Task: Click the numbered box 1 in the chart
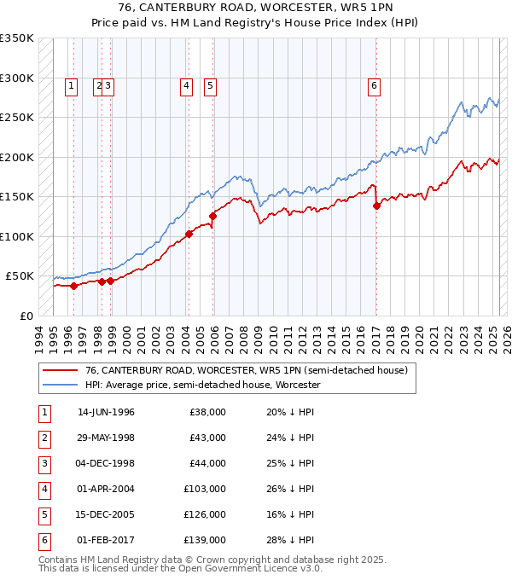(x=71, y=84)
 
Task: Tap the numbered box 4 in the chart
(x=186, y=84)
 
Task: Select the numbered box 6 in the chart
(x=374, y=84)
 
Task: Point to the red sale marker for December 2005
(x=212, y=217)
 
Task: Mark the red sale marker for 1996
(x=73, y=286)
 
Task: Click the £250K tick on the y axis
(x=17, y=118)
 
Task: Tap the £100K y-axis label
(x=17, y=236)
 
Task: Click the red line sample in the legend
(x=61, y=370)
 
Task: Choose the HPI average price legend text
(x=202, y=385)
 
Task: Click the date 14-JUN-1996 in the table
(x=106, y=412)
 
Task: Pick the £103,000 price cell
(x=207, y=489)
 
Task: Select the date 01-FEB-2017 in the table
(x=106, y=540)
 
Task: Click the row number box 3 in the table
(x=43, y=463)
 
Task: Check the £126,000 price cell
(x=207, y=514)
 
